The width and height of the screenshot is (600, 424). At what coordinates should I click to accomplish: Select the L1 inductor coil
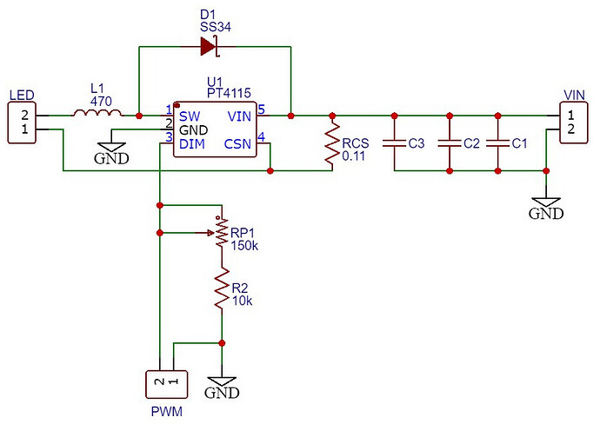click(x=98, y=113)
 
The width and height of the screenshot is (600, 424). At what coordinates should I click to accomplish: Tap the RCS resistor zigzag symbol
click(x=332, y=143)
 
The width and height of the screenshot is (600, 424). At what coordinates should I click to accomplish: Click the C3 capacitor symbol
click(x=394, y=143)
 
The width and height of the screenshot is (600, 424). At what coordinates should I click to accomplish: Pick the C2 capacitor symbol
click(x=450, y=143)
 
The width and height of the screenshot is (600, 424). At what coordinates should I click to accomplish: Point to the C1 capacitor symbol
click(x=497, y=143)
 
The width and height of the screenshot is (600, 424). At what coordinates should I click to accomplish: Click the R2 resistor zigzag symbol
click(x=222, y=288)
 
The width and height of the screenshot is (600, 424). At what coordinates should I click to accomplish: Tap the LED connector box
click(x=23, y=123)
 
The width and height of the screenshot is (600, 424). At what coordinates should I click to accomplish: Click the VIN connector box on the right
click(x=573, y=123)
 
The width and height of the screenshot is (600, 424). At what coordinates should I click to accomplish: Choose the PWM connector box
click(x=166, y=384)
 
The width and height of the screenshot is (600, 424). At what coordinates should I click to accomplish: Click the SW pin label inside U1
click(x=190, y=116)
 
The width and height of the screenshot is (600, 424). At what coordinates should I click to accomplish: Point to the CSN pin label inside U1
click(x=237, y=144)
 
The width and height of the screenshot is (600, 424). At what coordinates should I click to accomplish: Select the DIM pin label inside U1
click(x=192, y=144)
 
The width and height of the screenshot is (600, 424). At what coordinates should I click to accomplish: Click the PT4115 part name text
click(x=229, y=93)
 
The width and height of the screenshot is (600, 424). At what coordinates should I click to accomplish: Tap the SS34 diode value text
click(x=216, y=27)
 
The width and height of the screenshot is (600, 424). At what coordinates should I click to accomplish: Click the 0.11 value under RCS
click(x=354, y=156)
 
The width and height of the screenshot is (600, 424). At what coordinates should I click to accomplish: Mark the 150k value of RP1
click(x=244, y=246)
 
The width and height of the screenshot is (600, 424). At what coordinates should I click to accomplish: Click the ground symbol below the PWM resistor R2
click(x=222, y=387)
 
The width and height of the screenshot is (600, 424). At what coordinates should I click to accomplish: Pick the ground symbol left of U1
click(x=111, y=153)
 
